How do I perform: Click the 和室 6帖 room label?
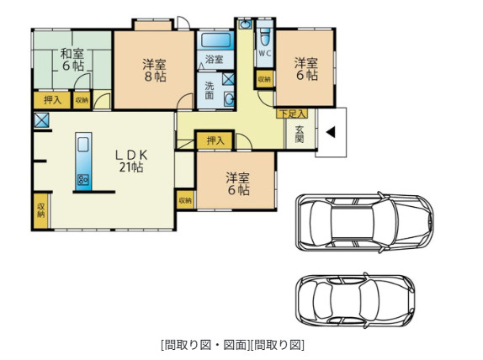(x=72, y=60)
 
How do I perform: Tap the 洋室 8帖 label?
(x=155, y=70)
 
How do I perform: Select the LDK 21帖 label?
(x=131, y=161)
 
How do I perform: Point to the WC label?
(x=264, y=53)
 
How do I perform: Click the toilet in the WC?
(x=265, y=37)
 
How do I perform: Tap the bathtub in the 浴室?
(x=216, y=40)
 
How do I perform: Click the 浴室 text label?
(x=214, y=59)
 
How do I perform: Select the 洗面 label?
(x=210, y=90)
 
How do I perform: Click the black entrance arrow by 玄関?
(x=331, y=133)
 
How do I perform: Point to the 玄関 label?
(x=300, y=135)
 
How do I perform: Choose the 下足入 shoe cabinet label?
(x=292, y=114)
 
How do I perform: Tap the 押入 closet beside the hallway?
(x=215, y=140)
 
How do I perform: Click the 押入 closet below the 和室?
(x=52, y=100)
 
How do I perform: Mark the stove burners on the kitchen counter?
(x=83, y=179)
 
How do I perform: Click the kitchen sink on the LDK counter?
(x=83, y=145)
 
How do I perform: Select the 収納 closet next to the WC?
(x=264, y=79)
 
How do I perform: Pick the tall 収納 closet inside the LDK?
(x=41, y=210)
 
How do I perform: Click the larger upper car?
(x=364, y=222)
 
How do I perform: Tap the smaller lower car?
(x=355, y=301)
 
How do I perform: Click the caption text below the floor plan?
(x=232, y=345)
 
